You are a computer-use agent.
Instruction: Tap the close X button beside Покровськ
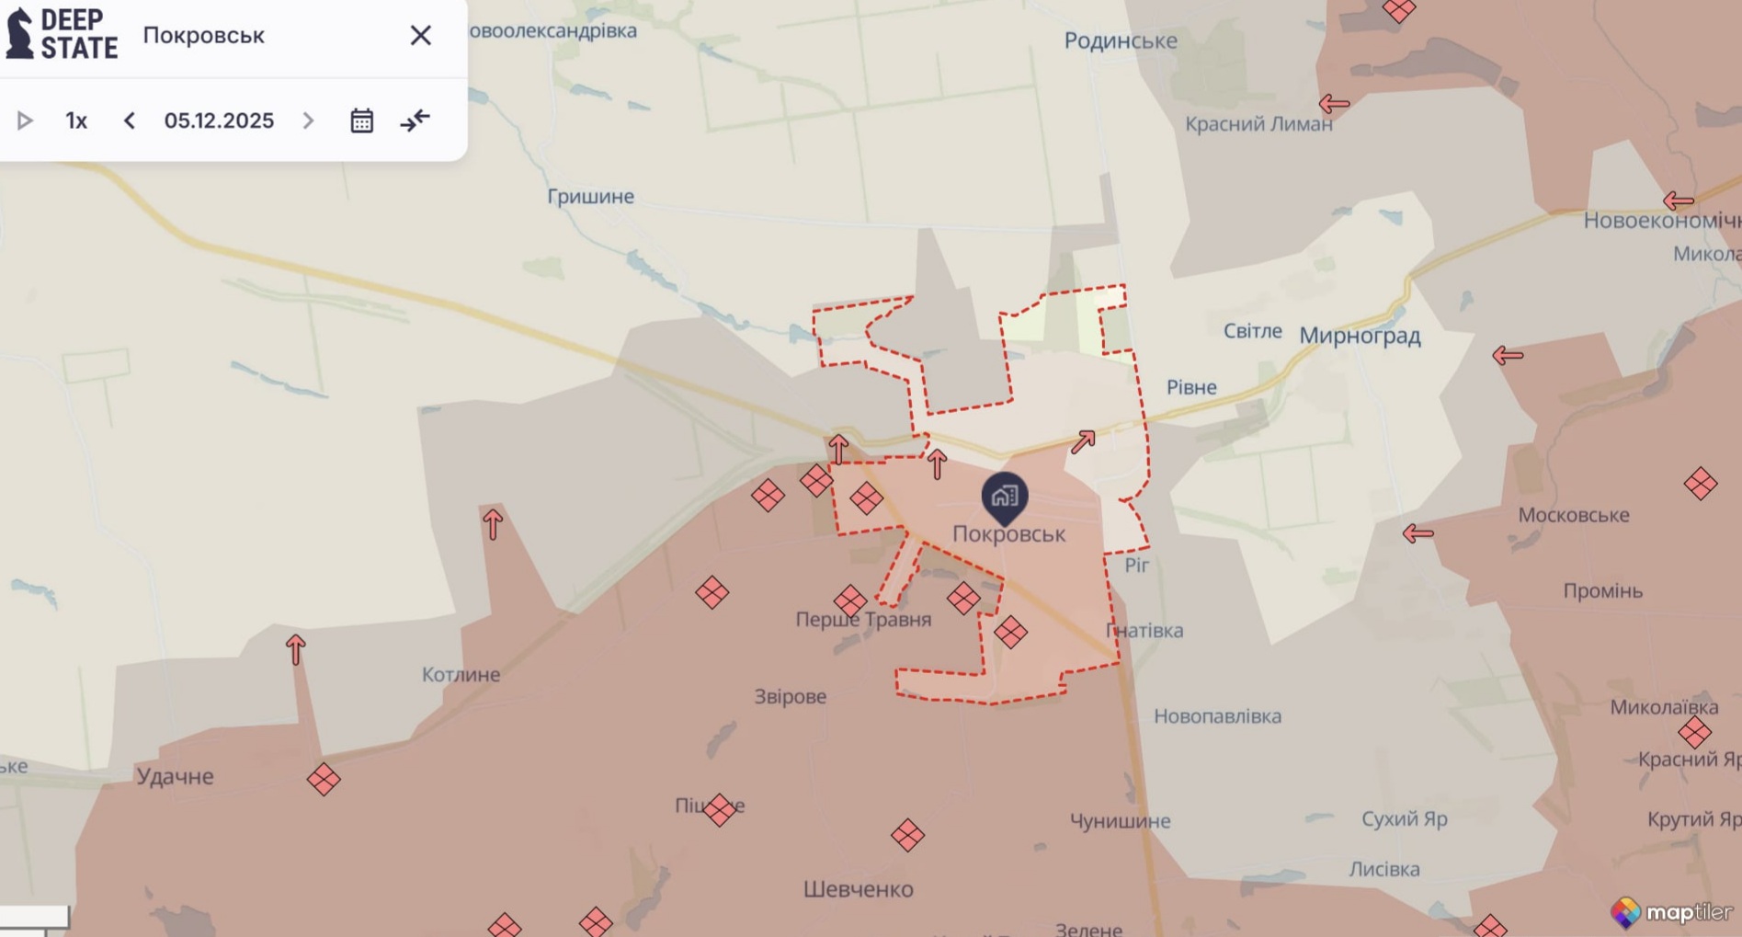click(x=420, y=35)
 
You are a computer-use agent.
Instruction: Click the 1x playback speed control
click(x=76, y=120)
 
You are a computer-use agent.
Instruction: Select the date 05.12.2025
click(x=219, y=120)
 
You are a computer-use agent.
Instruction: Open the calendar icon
click(x=361, y=120)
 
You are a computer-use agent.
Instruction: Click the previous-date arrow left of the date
click(x=130, y=120)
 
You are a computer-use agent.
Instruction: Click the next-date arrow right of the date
click(x=308, y=120)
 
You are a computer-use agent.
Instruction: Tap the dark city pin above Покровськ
click(x=1005, y=497)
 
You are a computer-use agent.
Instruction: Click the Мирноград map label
click(x=1360, y=336)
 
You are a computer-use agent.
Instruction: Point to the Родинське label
click(x=1120, y=40)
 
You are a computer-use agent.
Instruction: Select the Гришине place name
click(x=590, y=196)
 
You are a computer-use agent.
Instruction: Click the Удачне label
click(x=175, y=776)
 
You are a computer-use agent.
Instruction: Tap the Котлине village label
click(x=461, y=674)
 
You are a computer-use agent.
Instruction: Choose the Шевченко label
click(x=858, y=889)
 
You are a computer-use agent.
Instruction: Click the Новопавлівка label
click(x=1217, y=715)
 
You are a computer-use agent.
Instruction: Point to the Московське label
click(x=1573, y=515)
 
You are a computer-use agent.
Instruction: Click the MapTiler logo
click(x=1671, y=911)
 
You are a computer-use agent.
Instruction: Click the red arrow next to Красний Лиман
click(x=1334, y=104)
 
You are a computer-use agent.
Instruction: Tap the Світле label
click(x=1252, y=331)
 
